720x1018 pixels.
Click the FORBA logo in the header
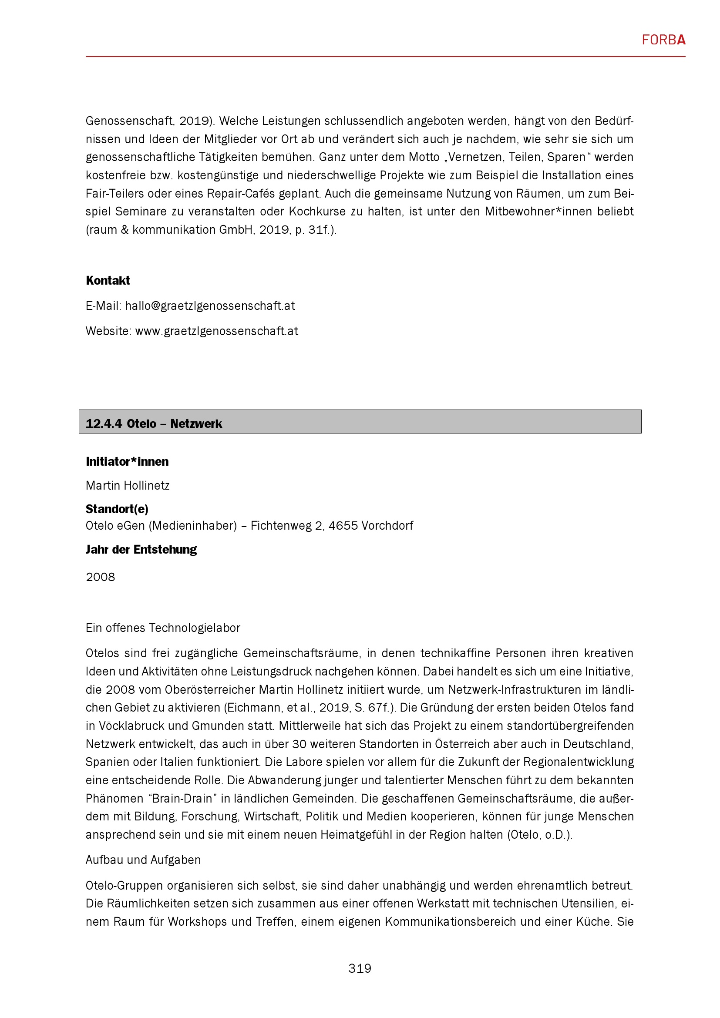(663, 40)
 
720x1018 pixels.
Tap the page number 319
(360, 968)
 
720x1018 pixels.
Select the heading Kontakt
(108, 280)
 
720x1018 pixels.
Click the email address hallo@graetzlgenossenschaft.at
(210, 306)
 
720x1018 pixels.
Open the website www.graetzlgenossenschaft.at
(216, 331)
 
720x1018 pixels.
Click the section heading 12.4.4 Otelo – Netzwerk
(153, 423)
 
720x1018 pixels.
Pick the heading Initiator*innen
(127, 461)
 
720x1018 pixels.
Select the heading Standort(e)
(117, 509)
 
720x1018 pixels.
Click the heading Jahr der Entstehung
(141, 549)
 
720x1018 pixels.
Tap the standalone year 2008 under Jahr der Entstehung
(100, 577)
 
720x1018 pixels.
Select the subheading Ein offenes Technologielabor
(163, 628)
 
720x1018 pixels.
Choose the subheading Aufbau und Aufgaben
(143, 860)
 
